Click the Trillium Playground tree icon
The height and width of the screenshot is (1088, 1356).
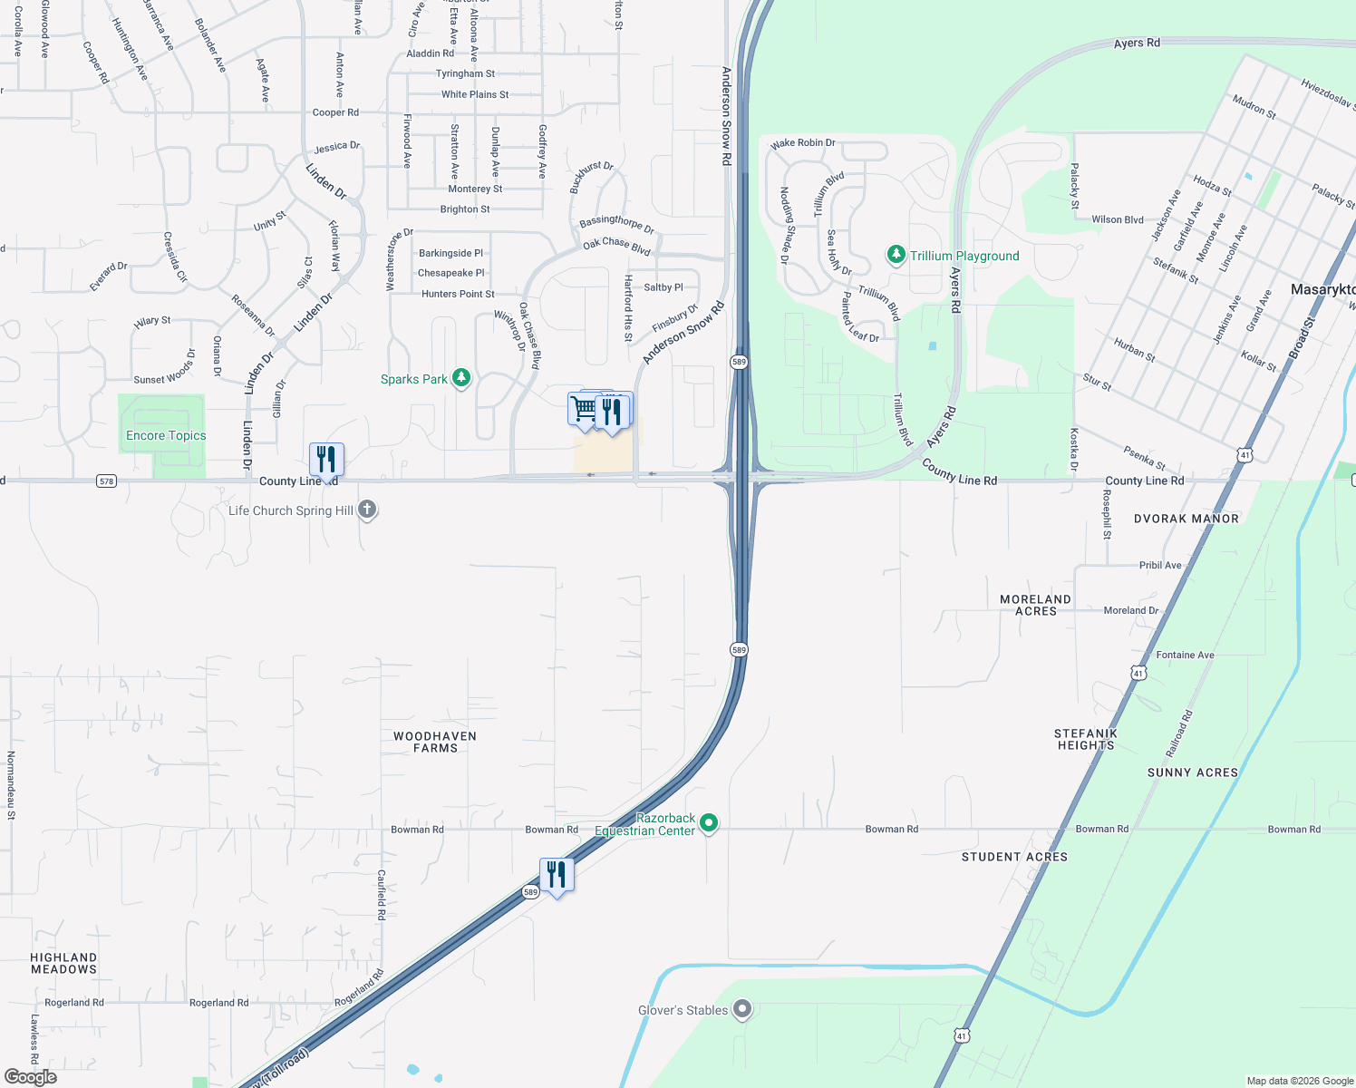point(896,255)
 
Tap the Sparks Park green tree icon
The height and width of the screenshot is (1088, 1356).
point(461,378)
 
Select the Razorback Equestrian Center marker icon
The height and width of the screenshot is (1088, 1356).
point(709,823)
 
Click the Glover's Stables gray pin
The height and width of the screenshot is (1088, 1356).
point(742,1009)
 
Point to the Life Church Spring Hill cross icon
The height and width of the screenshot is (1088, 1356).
point(367,510)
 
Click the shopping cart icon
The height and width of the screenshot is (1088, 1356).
point(585,409)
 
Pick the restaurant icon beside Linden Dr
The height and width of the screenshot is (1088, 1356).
point(326,460)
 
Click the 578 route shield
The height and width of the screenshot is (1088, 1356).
point(106,481)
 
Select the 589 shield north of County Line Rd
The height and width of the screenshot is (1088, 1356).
point(739,362)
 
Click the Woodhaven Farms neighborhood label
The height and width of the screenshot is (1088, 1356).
point(435,742)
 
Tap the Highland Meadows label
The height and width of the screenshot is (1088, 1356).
point(63,963)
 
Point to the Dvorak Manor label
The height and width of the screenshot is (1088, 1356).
point(1186,519)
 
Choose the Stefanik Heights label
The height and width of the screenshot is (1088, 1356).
point(1085,739)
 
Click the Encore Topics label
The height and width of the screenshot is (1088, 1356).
point(166,435)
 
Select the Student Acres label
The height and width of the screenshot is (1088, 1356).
point(1014,857)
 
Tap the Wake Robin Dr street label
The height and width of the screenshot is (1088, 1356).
point(803,143)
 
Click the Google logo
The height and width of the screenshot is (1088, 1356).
point(31,1077)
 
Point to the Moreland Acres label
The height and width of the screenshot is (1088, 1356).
point(1035,605)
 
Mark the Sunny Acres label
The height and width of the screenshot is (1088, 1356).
point(1192,772)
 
